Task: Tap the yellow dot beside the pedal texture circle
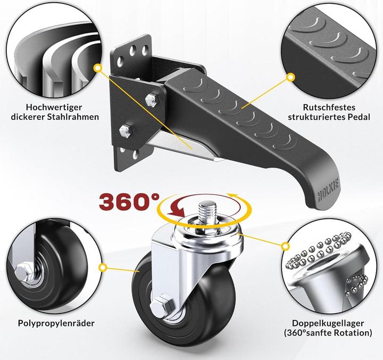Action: [x=290, y=77]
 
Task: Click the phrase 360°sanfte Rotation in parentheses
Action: [x=328, y=334]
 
